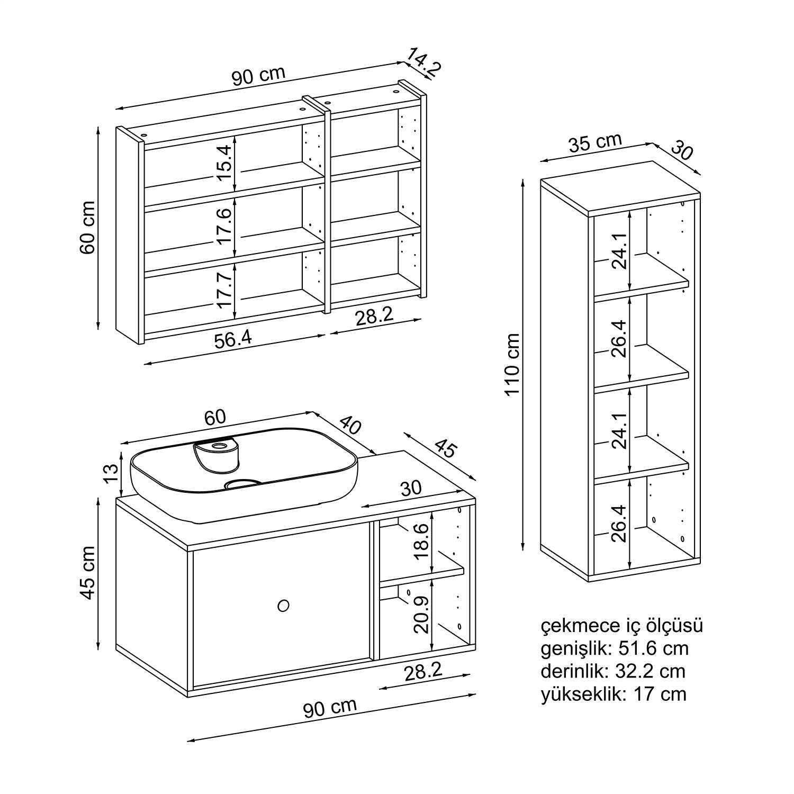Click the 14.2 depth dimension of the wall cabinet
point(424,62)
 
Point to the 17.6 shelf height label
point(224,225)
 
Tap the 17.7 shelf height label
point(224,290)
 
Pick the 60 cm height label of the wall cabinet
point(87,227)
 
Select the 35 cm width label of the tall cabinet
point(595,143)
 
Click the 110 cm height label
point(512,364)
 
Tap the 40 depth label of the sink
point(350,425)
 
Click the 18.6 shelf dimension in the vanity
point(422,542)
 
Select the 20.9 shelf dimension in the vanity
point(422,613)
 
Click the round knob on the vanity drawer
point(284,604)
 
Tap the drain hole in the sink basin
point(243,483)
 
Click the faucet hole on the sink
point(218,447)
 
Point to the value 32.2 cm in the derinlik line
point(650,671)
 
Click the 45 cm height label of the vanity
point(87,573)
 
